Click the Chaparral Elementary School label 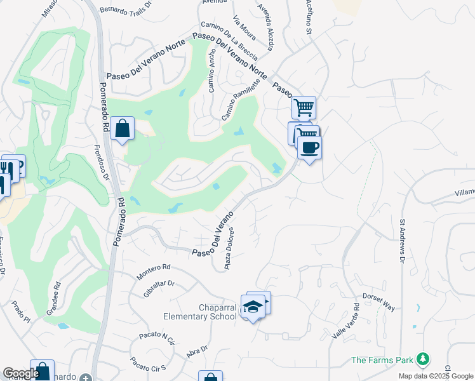pyautogui.click(x=200, y=312)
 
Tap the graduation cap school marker pyautogui.click(x=253, y=307)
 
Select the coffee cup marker pyautogui.click(x=309, y=148)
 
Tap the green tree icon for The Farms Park pyautogui.click(x=422, y=360)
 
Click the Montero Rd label pyautogui.click(x=154, y=271)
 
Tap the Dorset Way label pyautogui.click(x=379, y=302)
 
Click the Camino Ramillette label pyautogui.click(x=241, y=100)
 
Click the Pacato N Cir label pyautogui.click(x=153, y=338)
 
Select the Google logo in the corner pyautogui.click(x=21, y=373)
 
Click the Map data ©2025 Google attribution pyautogui.click(x=435, y=376)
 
